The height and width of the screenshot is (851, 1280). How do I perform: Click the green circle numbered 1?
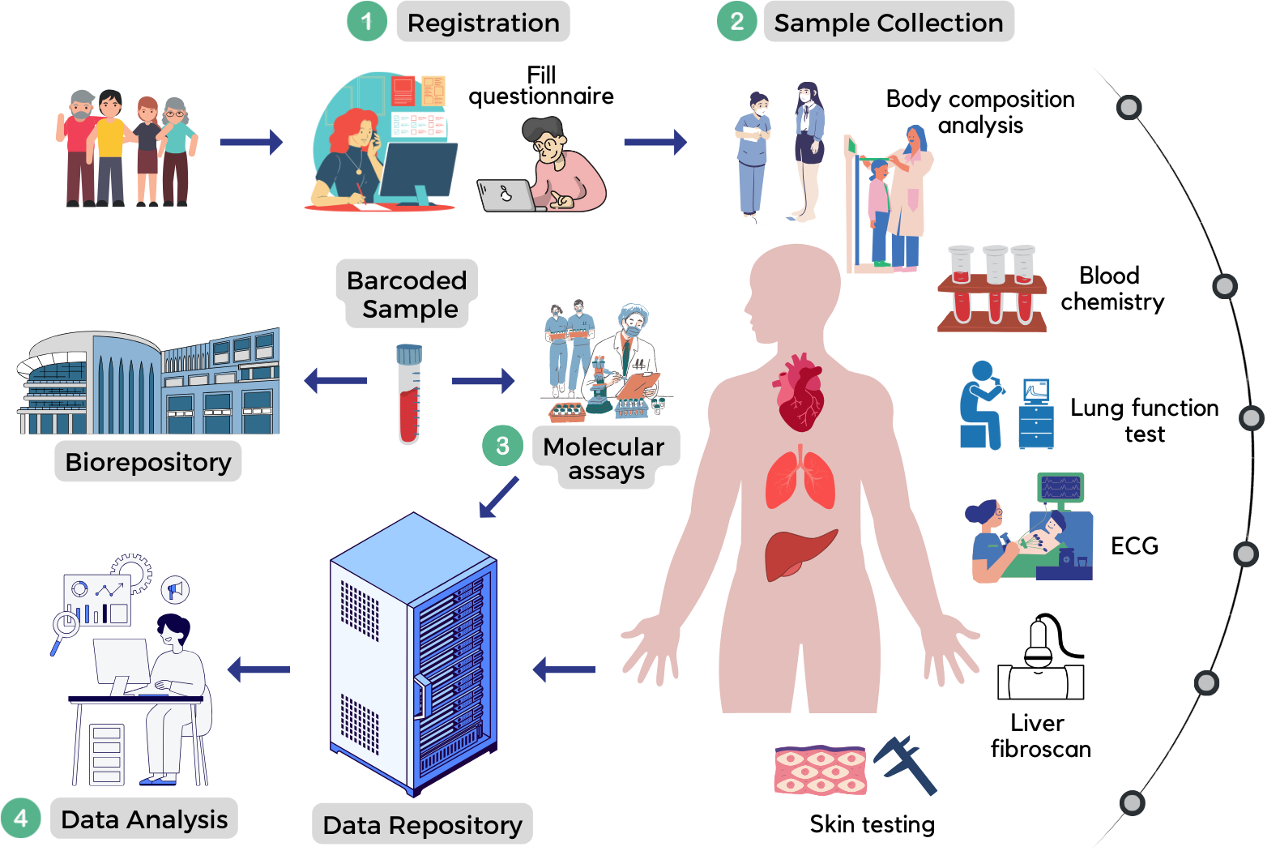pos(367,21)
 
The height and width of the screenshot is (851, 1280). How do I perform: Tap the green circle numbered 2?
pos(736,21)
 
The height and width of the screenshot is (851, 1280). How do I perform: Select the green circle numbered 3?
pos(502,446)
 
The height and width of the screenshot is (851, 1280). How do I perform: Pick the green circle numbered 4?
pos(21,818)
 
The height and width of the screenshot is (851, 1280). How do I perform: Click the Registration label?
pos(483,23)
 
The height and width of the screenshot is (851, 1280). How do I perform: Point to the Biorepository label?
pos(148,462)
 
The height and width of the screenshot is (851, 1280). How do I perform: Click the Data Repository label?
pos(422,825)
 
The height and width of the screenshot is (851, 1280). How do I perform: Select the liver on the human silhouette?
pos(798,554)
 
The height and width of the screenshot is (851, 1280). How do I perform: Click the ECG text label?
pos(1134,546)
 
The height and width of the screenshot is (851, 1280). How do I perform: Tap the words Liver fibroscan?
pos(1040,736)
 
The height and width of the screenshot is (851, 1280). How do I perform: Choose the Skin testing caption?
pos(872,824)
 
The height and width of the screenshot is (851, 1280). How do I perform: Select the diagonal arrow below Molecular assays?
pos(498,496)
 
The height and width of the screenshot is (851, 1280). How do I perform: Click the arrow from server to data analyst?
pos(259,669)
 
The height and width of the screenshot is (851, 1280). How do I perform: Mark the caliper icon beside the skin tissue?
pos(906,763)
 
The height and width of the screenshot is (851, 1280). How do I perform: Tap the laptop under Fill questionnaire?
pos(506,195)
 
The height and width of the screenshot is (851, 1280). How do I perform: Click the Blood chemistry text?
pos(1111,289)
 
